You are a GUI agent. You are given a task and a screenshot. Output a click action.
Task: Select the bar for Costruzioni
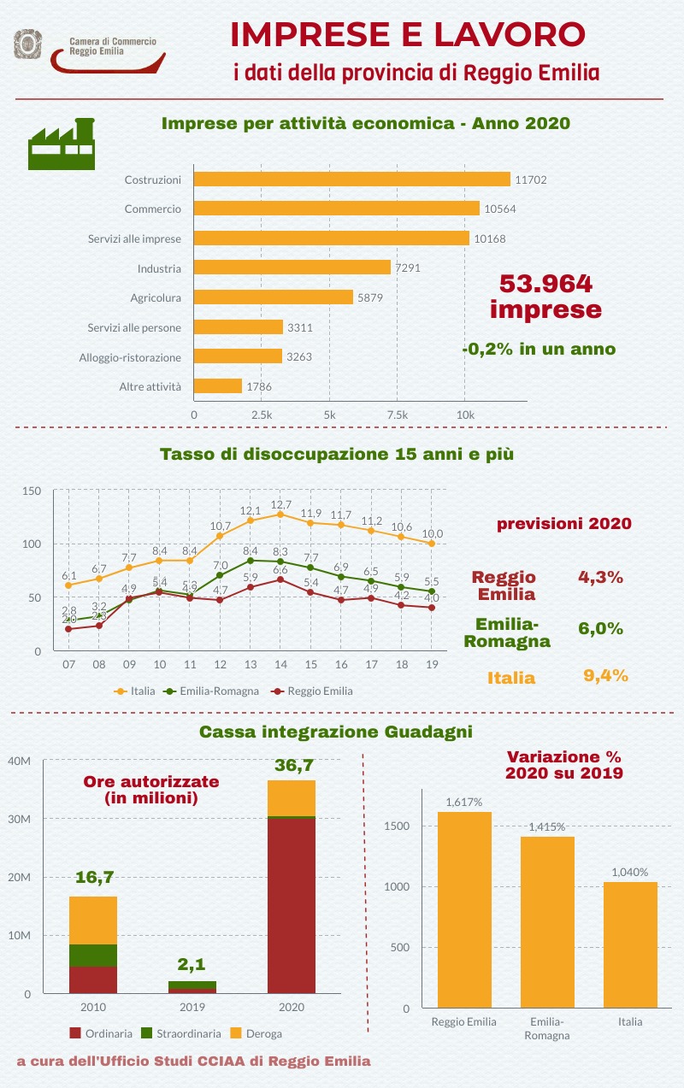[x=351, y=179]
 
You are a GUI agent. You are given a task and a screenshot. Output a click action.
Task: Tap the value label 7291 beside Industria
[x=408, y=268]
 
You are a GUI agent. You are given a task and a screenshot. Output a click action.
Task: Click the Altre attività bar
[x=218, y=386]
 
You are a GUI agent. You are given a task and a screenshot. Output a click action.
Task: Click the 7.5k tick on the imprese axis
[x=397, y=415]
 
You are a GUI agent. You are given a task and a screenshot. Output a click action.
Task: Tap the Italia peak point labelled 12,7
[x=280, y=514]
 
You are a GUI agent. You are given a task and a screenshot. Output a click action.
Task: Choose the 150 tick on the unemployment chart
[x=32, y=491]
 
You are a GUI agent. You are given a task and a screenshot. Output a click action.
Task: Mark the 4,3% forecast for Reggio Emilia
[x=600, y=577]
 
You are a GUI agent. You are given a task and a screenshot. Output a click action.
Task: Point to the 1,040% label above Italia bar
[x=629, y=872]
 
